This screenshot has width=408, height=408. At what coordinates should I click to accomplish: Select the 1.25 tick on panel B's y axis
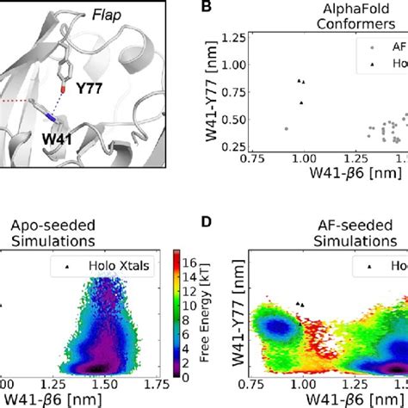tap(227, 39)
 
